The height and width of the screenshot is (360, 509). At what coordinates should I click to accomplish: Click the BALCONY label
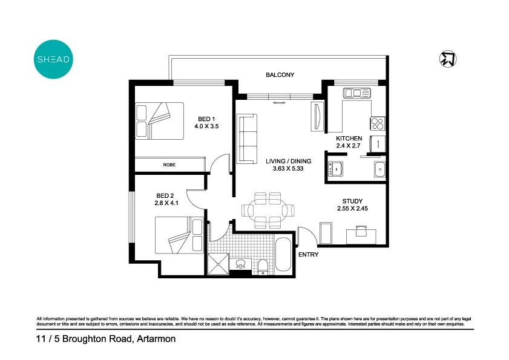pos(280,75)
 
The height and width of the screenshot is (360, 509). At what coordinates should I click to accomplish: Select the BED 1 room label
pos(206,119)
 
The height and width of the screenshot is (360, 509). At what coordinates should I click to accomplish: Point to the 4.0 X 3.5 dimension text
pos(206,127)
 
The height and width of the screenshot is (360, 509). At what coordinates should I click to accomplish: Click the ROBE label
pos(169,165)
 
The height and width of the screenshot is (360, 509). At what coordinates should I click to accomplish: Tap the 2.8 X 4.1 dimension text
pos(165,204)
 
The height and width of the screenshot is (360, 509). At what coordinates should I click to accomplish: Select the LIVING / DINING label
pos(288,161)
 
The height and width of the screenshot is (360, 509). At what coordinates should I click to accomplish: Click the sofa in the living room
pos(247,139)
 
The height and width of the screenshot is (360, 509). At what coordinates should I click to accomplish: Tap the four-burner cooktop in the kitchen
pos(378,123)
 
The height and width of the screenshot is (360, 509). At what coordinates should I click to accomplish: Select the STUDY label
pos(352,201)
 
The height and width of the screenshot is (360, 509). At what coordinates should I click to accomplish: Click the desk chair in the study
pos(361,230)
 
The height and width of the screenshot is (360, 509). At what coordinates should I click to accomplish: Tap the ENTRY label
pos(308,255)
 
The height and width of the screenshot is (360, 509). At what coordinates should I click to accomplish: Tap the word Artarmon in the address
pos(156,339)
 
